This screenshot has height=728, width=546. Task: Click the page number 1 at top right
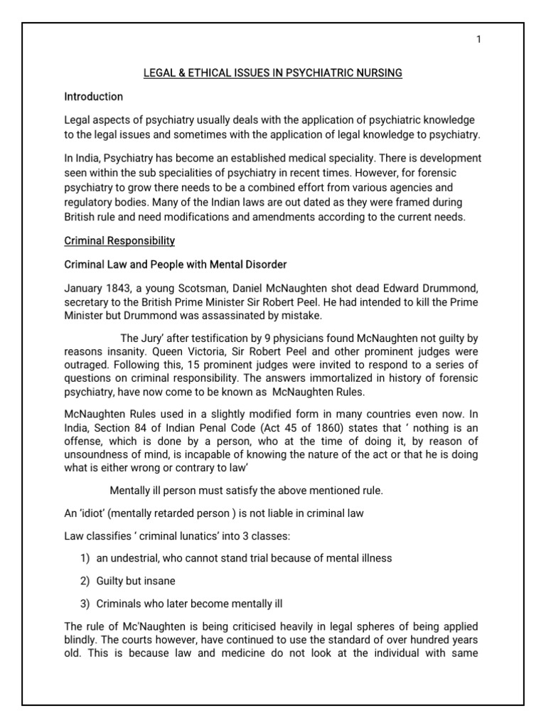(479, 39)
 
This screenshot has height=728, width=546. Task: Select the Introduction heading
(94, 96)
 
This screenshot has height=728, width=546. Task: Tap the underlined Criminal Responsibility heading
(119, 241)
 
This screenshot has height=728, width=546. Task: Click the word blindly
(81, 639)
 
